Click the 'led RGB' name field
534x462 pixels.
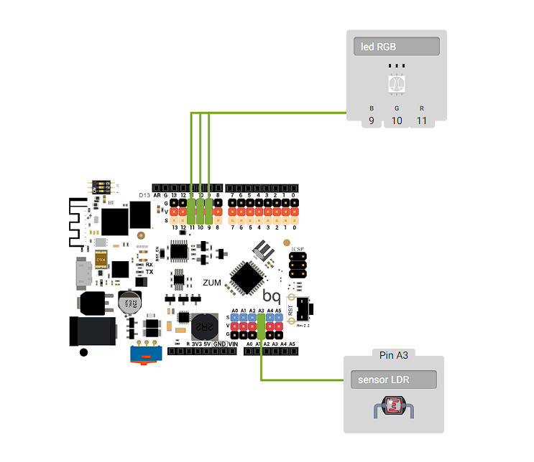[x=397, y=47]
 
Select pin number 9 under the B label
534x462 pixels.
[x=372, y=121]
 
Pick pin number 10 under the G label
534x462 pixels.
[x=396, y=121]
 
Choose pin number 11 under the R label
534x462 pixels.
[x=421, y=121]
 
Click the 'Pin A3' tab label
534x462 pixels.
[x=393, y=355]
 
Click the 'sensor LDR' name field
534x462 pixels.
[x=393, y=379]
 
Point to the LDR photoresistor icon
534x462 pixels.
[x=393, y=409]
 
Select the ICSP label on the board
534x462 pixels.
[x=297, y=249]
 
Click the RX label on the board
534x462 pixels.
[x=149, y=265]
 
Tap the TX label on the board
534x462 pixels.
[x=149, y=273]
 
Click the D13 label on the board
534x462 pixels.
[x=144, y=195]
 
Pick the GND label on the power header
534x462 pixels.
[x=219, y=344]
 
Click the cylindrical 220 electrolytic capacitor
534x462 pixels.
[x=129, y=302]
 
